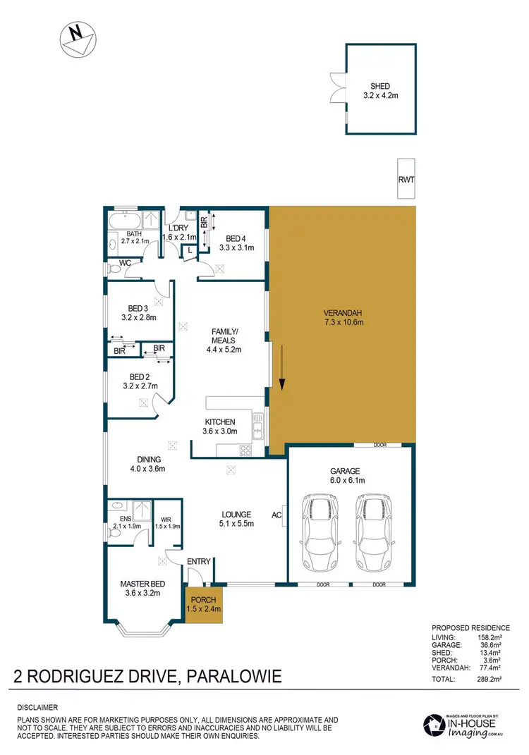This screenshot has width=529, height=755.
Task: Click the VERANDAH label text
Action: [x=343, y=313]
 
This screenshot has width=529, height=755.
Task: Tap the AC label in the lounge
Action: [x=276, y=515]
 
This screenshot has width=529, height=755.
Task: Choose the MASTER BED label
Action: [x=142, y=584]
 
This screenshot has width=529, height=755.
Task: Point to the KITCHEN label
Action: [x=220, y=422]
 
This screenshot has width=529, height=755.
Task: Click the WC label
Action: [x=125, y=263]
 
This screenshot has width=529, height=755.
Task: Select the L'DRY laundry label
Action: [x=178, y=228]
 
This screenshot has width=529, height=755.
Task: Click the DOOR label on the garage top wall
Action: [x=382, y=446]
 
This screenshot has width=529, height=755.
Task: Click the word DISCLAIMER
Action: [x=38, y=707]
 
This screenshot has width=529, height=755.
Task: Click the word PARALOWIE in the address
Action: [x=235, y=677]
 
